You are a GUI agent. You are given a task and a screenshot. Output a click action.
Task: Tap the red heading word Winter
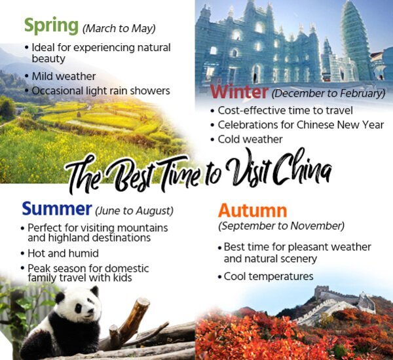pos(238,91)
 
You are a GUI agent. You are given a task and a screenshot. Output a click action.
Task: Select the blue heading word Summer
pos(56,209)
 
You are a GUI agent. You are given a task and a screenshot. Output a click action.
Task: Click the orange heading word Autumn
pos(252,211)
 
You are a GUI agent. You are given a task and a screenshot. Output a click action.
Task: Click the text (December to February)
pos(327,93)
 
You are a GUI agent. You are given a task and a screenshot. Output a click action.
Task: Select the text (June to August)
pos(134,211)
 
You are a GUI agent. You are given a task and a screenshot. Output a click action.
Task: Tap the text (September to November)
pos(281,226)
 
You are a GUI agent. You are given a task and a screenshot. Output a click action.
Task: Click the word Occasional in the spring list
pos(59,91)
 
